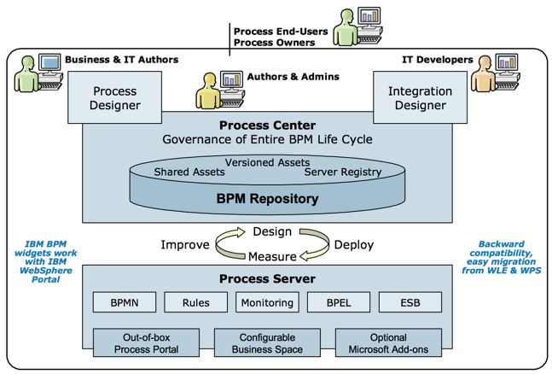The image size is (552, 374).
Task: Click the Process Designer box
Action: (x=115, y=97)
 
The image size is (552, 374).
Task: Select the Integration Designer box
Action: (x=421, y=97)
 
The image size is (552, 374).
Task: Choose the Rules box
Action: (x=195, y=302)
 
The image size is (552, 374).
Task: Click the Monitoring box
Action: (x=266, y=302)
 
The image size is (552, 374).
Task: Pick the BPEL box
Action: (x=338, y=302)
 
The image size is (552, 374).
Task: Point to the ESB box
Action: (x=410, y=302)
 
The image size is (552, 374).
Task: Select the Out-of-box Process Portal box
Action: (x=145, y=343)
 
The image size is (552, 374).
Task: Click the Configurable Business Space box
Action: (x=266, y=343)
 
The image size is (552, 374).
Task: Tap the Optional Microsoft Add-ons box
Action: (x=388, y=343)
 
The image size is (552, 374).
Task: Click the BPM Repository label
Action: (x=267, y=199)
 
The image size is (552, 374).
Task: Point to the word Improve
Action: (x=184, y=245)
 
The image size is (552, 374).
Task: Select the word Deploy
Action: (x=353, y=245)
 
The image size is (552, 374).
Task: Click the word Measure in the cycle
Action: (x=272, y=256)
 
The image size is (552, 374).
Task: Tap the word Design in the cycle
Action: (x=272, y=231)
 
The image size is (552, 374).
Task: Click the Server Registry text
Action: (x=339, y=172)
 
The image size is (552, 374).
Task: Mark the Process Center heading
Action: (x=267, y=126)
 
